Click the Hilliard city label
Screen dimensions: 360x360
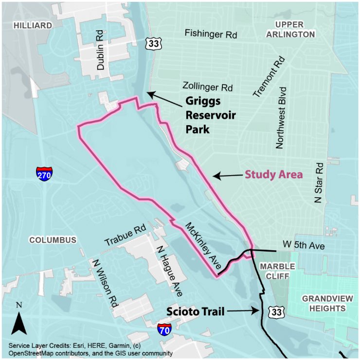(x=33, y=25)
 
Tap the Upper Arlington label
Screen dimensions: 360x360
(x=295, y=30)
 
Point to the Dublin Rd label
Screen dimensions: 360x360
(x=101, y=52)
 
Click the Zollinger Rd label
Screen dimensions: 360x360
(x=208, y=88)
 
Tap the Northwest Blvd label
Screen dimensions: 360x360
(x=281, y=117)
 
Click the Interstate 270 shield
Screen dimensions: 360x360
(x=44, y=173)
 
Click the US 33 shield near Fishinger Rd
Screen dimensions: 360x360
(x=153, y=44)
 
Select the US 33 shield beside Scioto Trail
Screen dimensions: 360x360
(x=276, y=310)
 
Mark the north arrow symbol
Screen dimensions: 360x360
(x=19, y=323)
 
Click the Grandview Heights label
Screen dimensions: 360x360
(x=324, y=303)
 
